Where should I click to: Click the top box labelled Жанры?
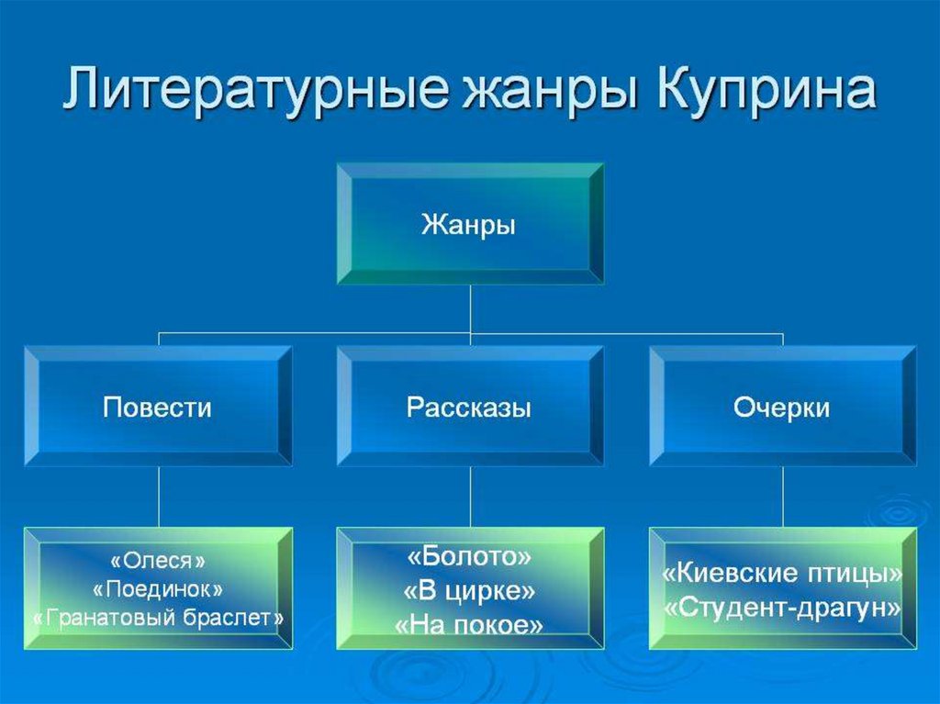[469, 225]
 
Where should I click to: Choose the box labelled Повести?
[157, 407]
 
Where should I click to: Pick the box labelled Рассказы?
[469, 407]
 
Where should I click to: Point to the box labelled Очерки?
[782, 407]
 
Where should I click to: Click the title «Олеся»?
[157, 559]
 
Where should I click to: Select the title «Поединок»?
[157, 587]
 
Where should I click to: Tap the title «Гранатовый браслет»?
[157, 618]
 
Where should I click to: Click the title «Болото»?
[469, 556]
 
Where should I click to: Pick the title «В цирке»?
[469, 590]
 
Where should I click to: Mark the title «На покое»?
[469, 625]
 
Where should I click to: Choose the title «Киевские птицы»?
[782, 575]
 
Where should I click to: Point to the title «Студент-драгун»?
[782, 607]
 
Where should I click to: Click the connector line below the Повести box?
[158, 496]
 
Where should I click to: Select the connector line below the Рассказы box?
[470, 496]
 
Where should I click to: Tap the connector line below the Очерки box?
[782, 496]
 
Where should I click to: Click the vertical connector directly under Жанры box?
[470, 307]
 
